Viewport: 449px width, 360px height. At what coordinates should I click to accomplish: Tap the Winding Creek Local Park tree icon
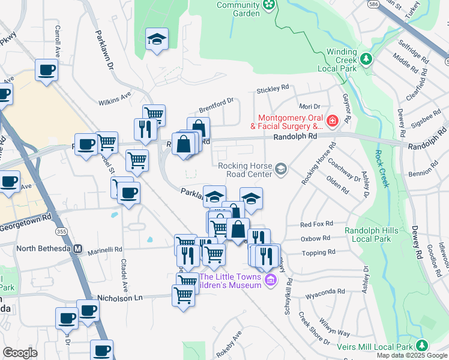[x=366, y=59]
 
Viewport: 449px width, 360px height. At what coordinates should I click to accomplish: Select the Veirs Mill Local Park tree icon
[x=422, y=346]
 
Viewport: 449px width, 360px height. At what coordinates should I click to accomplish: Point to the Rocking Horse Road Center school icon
[x=280, y=170]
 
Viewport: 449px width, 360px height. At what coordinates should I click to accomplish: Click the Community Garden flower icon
[x=269, y=5]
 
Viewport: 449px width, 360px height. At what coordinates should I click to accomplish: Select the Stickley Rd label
[x=273, y=89]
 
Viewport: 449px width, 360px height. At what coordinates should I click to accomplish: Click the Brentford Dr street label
[x=215, y=105]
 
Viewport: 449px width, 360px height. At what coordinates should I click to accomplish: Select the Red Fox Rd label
[x=316, y=224]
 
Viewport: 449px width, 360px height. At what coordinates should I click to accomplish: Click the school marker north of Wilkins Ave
[x=157, y=40]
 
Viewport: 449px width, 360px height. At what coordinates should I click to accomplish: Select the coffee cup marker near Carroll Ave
[x=46, y=70]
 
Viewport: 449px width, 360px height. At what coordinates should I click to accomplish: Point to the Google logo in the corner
[x=20, y=353]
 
